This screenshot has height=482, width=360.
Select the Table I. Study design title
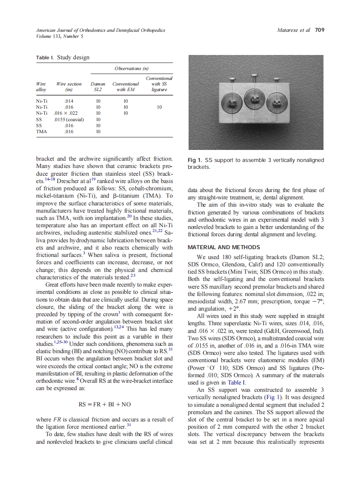click(63, 58)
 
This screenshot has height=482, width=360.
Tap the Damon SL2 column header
click(98, 87)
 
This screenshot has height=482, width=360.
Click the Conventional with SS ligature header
click(159, 84)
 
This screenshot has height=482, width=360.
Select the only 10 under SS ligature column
click(159, 107)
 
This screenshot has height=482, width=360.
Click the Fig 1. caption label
click(195, 160)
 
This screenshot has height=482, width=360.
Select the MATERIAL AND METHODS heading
click(224, 247)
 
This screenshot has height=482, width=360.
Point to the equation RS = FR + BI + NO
click(104, 404)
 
